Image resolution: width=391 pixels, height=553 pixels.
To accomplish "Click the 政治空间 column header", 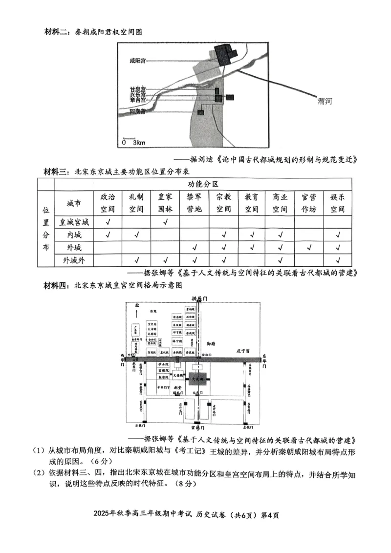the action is tap(108, 203).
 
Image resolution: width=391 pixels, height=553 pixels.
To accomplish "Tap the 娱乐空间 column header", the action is tap(337, 203).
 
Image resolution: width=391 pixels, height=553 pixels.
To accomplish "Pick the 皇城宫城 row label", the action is tap(74, 222).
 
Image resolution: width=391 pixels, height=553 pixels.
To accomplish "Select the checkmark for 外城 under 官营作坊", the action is tap(309, 248).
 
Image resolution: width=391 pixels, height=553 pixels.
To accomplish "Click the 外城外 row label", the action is tap(74, 260).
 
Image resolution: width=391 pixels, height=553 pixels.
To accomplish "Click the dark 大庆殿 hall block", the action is tap(197, 378).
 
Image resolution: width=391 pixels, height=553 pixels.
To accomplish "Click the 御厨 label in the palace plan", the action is tap(211, 344).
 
